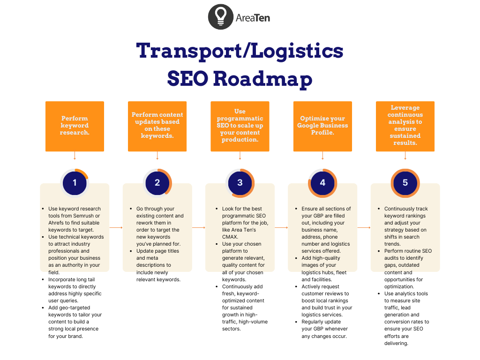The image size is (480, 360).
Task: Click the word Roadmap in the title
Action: tap(263, 78)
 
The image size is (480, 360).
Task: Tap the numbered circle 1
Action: tap(75, 183)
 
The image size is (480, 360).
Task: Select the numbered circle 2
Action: tap(157, 183)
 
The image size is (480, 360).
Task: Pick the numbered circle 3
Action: tap(240, 183)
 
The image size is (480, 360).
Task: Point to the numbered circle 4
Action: tap(322, 183)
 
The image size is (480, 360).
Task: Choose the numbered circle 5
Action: tap(405, 183)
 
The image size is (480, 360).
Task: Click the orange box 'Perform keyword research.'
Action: tap(75, 126)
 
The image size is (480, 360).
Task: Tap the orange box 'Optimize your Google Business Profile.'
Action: tap(322, 126)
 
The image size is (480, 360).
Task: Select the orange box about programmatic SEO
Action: tap(240, 126)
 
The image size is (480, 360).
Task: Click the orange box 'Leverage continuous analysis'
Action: tap(405, 126)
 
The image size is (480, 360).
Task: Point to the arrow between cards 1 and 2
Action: tap(116, 227)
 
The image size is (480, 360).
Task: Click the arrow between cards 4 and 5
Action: tap(364, 227)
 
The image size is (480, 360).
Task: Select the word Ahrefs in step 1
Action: tap(57, 223)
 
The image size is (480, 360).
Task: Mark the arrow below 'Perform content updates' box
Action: tap(157, 156)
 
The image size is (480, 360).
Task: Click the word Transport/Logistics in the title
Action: tap(240, 51)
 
